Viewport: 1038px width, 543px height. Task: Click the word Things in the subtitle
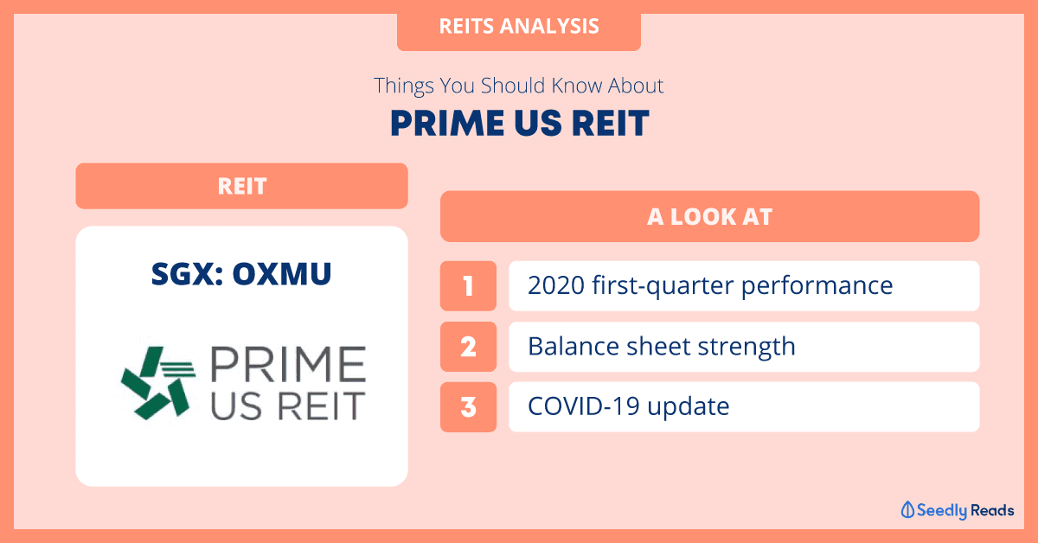pos(404,86)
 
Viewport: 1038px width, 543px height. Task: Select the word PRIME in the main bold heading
pos(447,124)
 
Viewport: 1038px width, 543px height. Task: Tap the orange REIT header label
pos(241,186)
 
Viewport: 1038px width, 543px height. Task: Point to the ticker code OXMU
pos(282,274)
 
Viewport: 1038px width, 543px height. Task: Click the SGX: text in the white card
pos(187,274)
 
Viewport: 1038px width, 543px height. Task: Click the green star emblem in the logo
pos(157,383)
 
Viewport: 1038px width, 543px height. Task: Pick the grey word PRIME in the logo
pos(288,364)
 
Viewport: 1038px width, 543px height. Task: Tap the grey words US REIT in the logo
pos(288,406)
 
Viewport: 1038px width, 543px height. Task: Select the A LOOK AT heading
pos(709,216)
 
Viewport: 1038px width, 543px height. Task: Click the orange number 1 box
pos(468,286)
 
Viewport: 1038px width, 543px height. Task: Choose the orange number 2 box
pos(468,347)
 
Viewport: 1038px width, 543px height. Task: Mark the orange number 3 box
pos(468,406)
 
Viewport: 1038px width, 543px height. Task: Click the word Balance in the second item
pos(573,346)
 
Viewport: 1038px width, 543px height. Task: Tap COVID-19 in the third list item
pos(583,406)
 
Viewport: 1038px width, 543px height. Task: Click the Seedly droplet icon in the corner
pos(907,510)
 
